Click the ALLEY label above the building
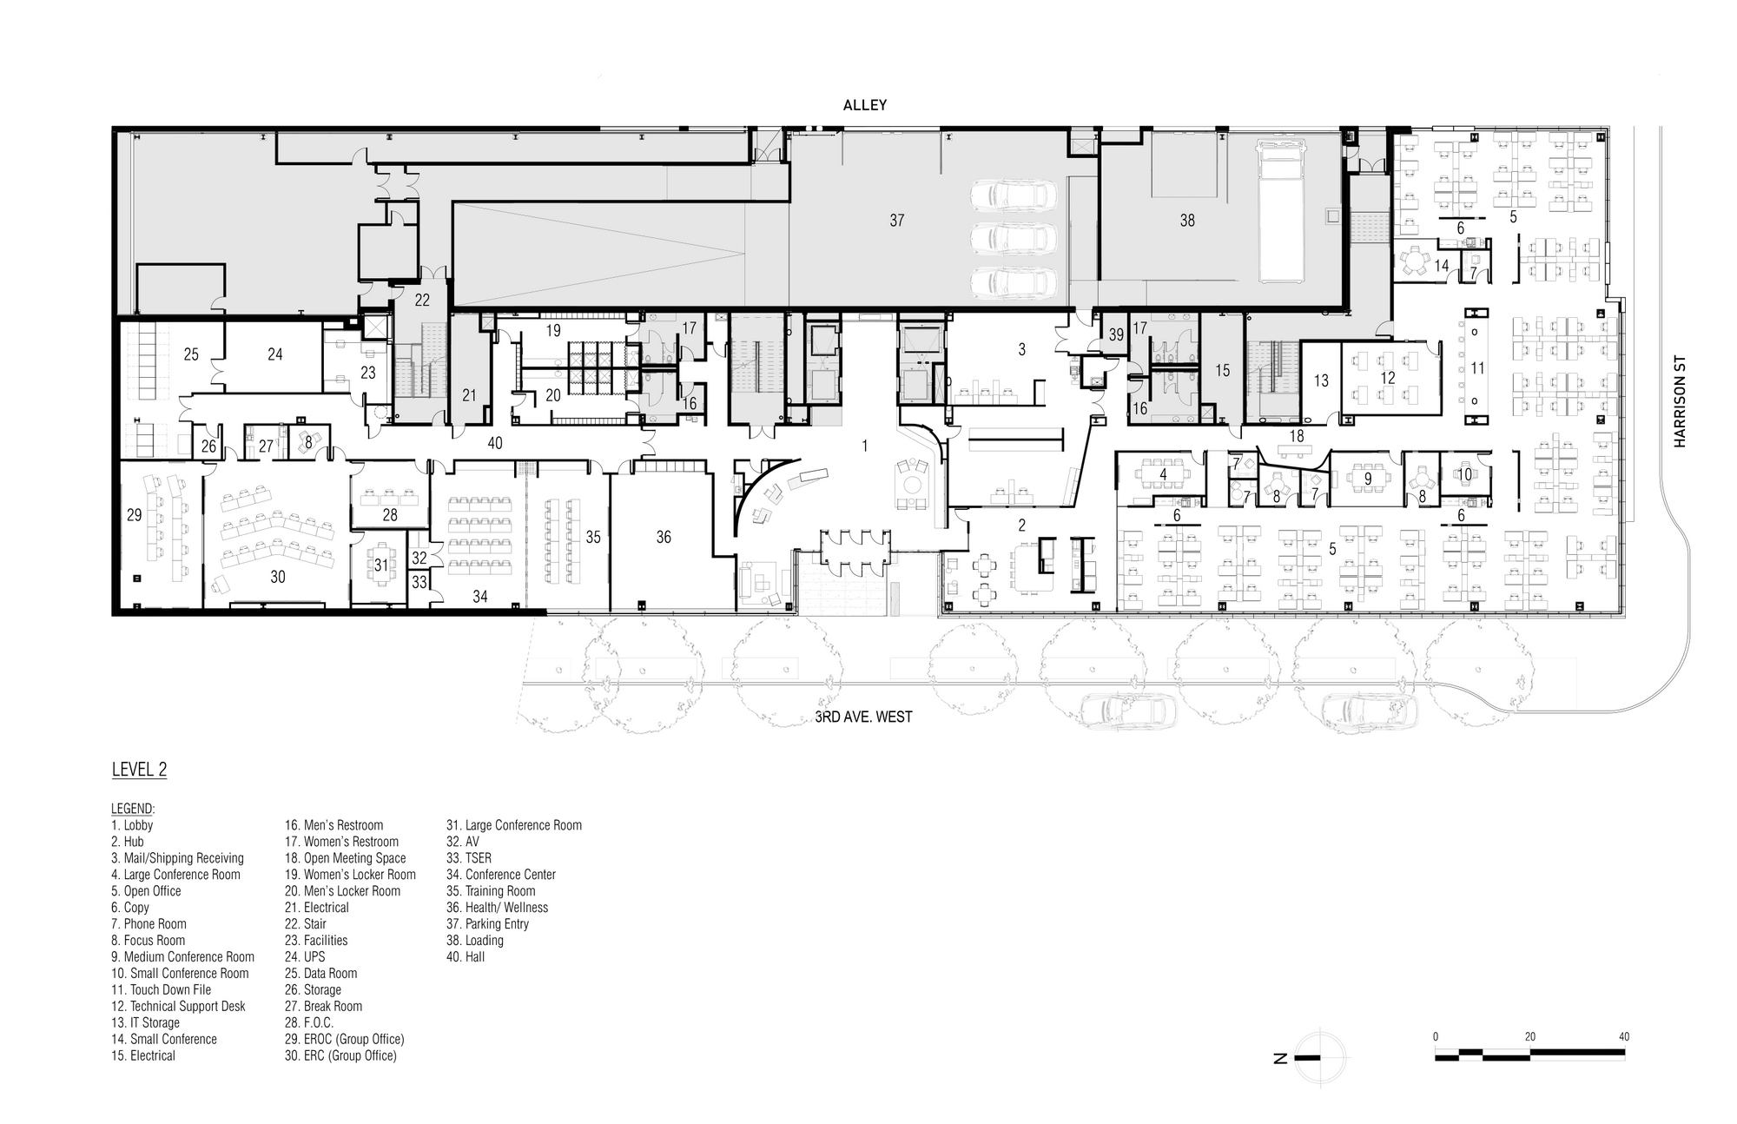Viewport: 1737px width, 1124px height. click(865, 105)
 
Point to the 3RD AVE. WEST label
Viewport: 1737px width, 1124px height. click(864, 717)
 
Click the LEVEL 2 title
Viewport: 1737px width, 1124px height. click(139, 770)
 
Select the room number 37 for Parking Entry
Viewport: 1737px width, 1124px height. click(897, 221)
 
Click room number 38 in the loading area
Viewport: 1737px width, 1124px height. click(1187, 221)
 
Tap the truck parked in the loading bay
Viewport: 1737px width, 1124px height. click(1282, 213)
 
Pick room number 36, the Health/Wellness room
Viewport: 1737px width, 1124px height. click(664, 538)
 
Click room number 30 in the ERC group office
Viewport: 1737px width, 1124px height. click(278, 577)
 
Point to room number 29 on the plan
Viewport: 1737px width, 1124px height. click(134, 515)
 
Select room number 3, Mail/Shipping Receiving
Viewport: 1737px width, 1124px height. click(1022, 349)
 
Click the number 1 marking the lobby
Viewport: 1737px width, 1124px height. click(865, 446)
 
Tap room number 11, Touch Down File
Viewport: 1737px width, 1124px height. click(1477, 368)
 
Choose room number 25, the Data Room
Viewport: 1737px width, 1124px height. click(191, 354)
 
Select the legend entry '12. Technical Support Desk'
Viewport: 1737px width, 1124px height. click(179, 1006)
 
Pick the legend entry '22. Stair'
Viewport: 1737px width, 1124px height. click(306, 924)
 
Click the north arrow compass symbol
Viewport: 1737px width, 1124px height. click(1319, 1057)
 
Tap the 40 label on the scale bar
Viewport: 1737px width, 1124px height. click(1623, 1036)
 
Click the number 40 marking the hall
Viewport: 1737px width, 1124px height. click(495, 443)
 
